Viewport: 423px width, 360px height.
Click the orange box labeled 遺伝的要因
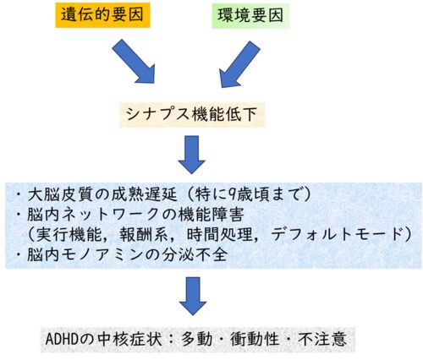[x=102, y=15]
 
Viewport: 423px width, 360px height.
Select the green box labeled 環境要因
[x=250, y=15]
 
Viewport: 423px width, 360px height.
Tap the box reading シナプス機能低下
[x=192, y=115]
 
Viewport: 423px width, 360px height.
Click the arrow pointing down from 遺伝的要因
[x=134, y=61]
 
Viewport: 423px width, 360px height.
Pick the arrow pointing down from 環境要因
[x=239, y=64]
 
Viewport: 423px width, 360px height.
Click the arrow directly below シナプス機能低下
[x=191, y=155]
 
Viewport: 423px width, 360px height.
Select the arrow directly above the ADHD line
[x=193, y=296]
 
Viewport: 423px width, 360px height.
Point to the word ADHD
[x=62, y=339]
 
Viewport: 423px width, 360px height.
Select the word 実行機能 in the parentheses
[x=69, y=234]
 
